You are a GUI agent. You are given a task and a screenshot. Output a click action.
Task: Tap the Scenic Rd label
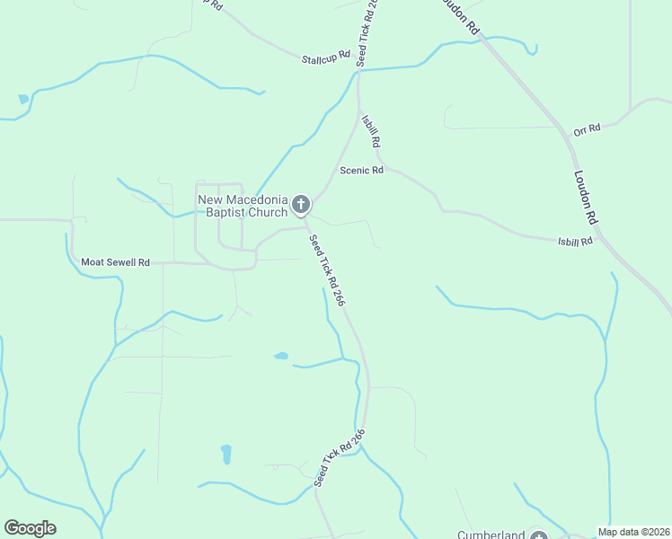[361, 170]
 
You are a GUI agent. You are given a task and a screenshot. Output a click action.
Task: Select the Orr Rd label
[586, 130]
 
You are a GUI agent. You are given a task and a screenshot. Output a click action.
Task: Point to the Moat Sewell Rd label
[115, 262]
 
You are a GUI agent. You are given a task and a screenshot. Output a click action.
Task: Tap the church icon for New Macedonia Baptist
[301, 206]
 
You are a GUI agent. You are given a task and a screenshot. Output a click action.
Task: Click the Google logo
[30, 528]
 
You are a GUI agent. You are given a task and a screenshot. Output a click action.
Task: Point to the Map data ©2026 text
[633, 532]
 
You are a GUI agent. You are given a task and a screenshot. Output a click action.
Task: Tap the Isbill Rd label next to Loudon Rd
[575, 241]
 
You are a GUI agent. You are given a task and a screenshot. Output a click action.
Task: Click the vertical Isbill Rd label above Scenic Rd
[370, 130]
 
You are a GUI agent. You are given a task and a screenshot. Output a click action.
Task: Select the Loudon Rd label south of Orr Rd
[585, 198]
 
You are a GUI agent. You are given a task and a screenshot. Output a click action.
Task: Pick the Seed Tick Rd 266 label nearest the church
[327, 271]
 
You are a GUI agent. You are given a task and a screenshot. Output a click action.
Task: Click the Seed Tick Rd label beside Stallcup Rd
[367, 32]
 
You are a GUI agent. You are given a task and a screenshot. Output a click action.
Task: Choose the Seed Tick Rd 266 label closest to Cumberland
[340, 458]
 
